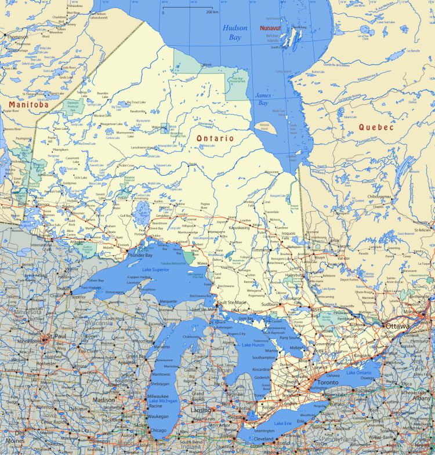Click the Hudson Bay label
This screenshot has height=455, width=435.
point(235,32)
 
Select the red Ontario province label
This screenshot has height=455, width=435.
point(215,139)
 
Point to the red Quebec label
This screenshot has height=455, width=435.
point(376,127)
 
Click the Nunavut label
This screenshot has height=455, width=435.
point(270,27)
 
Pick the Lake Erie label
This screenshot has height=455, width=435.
point(284,424)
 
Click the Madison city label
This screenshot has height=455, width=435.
point(104,400)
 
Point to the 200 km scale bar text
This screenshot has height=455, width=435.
point(212,12)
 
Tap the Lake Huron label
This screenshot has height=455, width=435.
point(253,345)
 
